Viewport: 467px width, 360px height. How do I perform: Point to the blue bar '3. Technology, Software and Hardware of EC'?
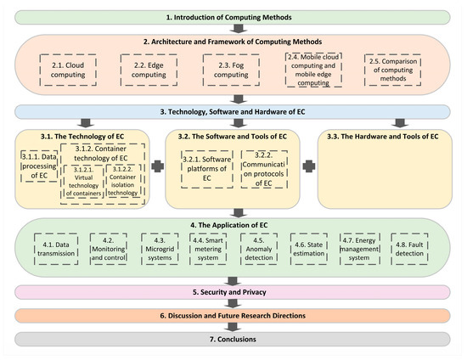[x=233, y=111]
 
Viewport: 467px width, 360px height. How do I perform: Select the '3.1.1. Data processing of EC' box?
[x=38, y=160]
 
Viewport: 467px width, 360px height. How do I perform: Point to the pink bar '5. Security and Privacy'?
[x=233, y=293]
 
